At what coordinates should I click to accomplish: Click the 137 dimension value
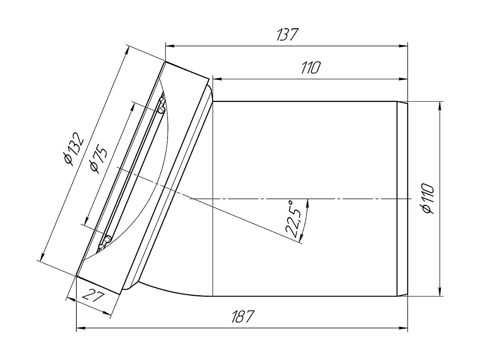[x=287, y=35]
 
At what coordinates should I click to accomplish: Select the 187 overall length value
[x=242, y=316]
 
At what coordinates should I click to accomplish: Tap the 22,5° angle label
[x=293, y=219]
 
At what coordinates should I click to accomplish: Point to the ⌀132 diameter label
[x=72, y=149]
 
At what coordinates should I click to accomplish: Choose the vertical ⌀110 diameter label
[x=428, y=199]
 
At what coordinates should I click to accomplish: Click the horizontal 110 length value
[x=311, y=68]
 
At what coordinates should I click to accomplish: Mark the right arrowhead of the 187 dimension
[x=403, y=328]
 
